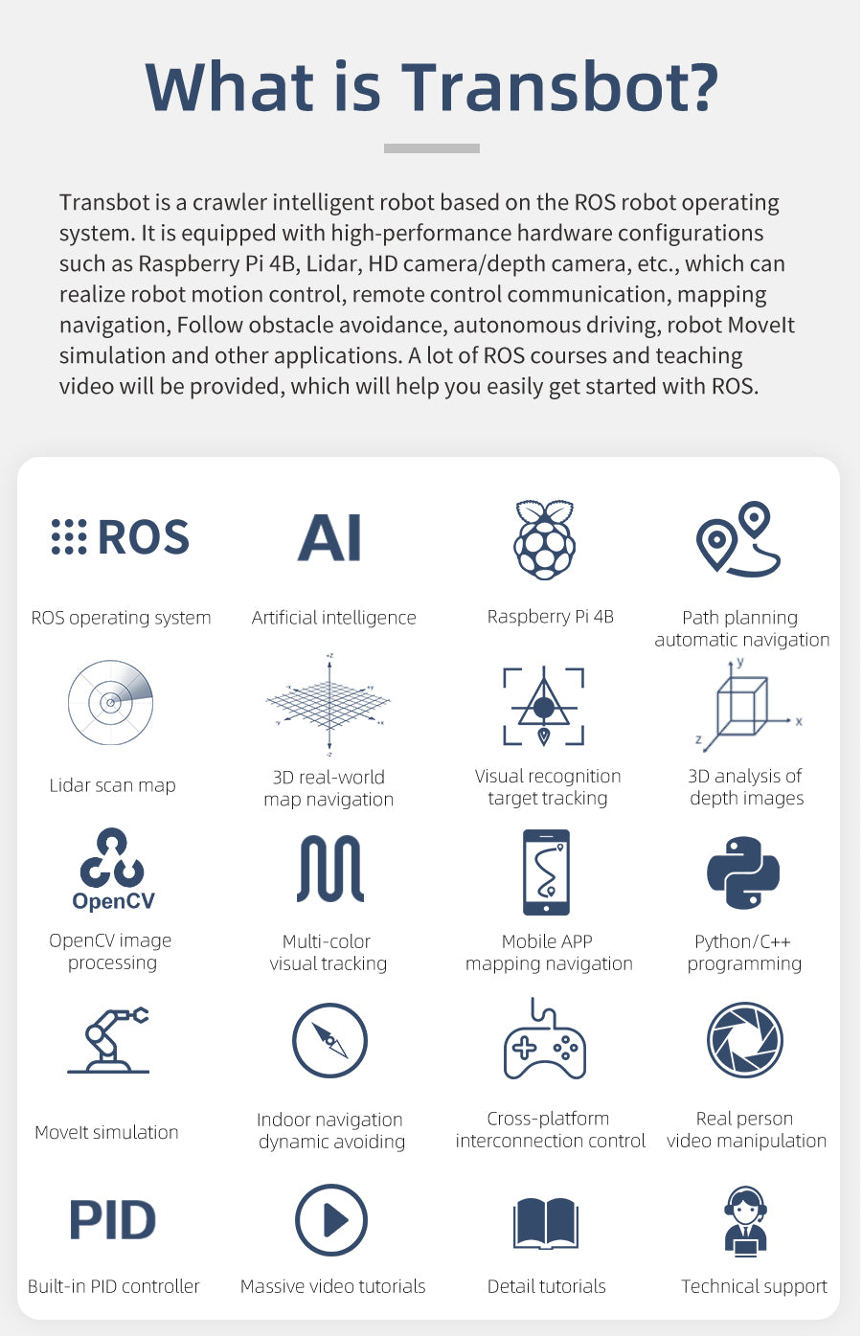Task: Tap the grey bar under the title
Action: (431, 148)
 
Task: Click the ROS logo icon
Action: (121, 537)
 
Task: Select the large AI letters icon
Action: (330, 537)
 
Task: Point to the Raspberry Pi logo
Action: (544, 539)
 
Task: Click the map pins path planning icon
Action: (738, 538)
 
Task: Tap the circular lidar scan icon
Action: (110, 702)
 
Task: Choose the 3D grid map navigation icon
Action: (329, 705)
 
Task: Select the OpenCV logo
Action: (113, 869)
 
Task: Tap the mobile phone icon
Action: (546, 872)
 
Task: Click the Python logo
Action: (743, 872)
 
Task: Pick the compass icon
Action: (329, 1040)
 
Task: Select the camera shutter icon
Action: (744, 1040)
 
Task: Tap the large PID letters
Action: (113, 1220)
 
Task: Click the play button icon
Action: (330, 1220)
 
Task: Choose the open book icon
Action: (546, 1222)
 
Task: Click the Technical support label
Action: (754, 1286)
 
